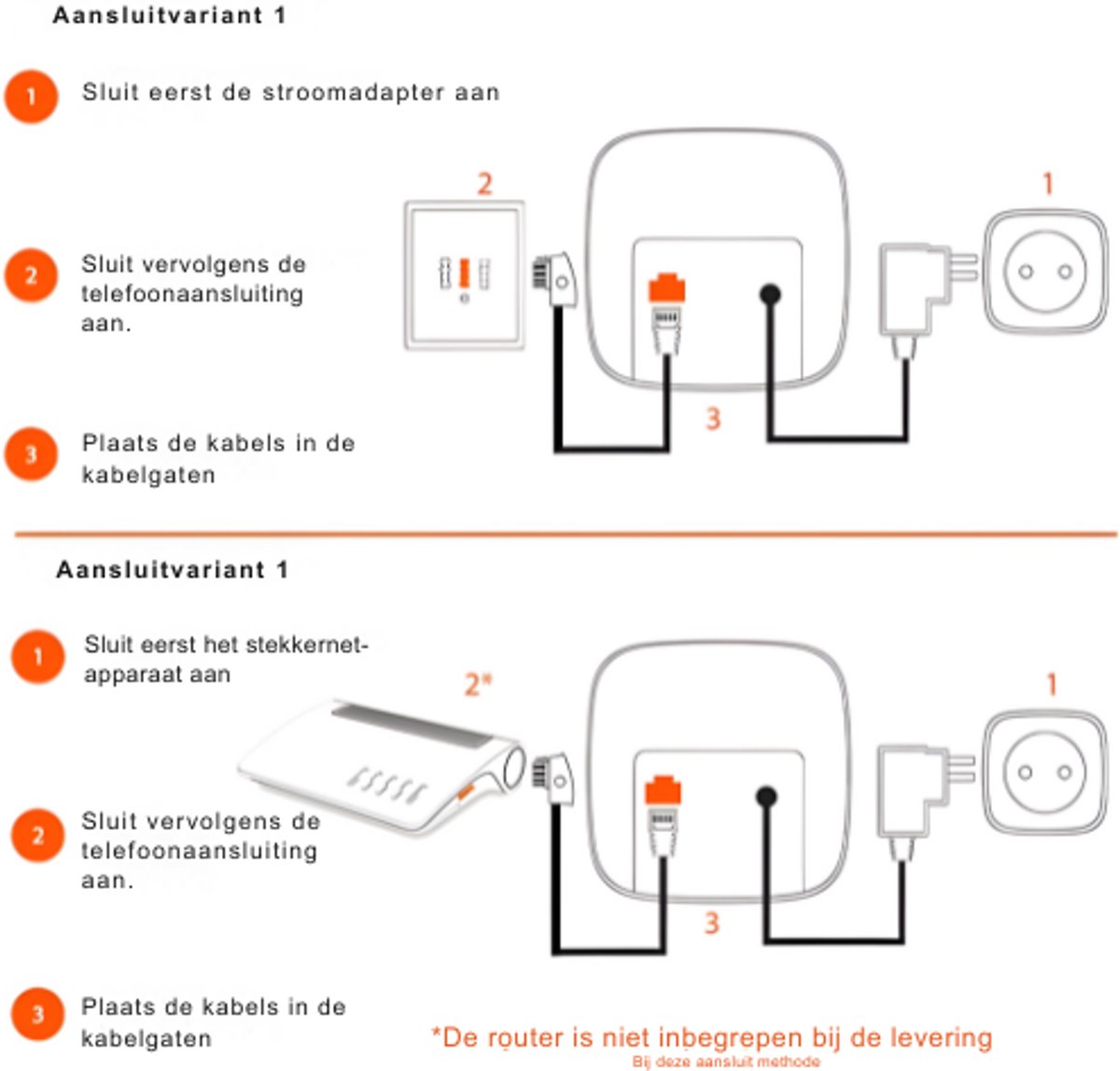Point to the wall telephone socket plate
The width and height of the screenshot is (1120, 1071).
click(464, 275)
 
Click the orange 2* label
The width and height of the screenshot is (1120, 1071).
click(478, 684)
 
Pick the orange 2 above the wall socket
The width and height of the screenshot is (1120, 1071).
click(484, 183)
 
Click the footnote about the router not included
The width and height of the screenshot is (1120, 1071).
click(711, 1037)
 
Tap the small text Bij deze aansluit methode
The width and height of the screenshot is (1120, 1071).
click(725, 1062)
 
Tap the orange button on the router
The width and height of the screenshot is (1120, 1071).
click(464, 793)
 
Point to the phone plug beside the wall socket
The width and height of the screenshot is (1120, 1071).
click(555, 278)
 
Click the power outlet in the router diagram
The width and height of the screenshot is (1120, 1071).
click(1044, 772)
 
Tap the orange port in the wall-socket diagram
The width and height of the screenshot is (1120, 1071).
click(666, 287)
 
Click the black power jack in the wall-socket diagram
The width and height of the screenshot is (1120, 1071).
click(769, 295)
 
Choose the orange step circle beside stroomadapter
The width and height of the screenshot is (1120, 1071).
click(31, 95)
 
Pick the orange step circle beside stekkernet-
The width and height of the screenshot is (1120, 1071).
click(37, 656)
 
